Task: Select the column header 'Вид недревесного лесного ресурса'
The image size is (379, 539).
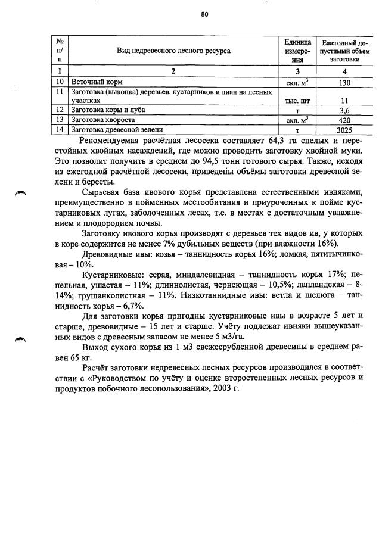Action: pyautogui.click(x=173, y=51)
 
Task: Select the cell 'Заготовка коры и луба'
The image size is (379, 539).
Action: pyautogui.click(x=108, y=110)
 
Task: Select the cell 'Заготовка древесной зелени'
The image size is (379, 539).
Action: pyautogui.click(x=117, y=129)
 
